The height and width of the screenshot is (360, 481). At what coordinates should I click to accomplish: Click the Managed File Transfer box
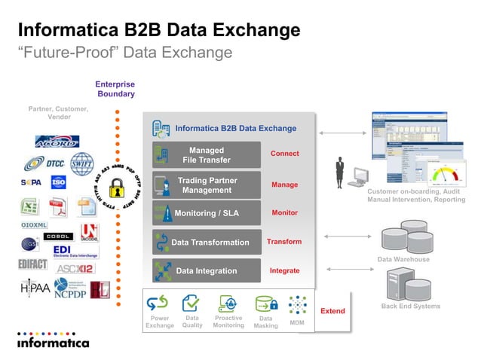click(x=207, y=155)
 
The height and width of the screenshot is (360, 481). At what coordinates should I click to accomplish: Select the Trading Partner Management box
click(x=207, y=185)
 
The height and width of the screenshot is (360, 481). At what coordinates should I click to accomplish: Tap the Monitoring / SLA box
click(x=207, y=213)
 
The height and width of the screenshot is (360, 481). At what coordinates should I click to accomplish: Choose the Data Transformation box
click(x=207, y=243)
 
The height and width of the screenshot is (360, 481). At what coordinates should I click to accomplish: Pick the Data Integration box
click(x=207, y=271)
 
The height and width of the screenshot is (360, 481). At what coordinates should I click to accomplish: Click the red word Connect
click(x=284, y=154)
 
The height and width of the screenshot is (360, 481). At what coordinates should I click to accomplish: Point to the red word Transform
click(x=284, y=242)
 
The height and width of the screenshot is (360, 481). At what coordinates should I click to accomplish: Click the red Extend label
click(x=332, y=311)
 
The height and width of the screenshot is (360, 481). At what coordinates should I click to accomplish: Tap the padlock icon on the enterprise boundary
click(x=117, y=187)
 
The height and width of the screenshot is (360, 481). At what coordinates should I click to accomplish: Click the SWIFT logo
click(x=81, y=163)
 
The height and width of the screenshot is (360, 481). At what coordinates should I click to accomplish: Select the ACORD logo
click(x=56, y=141)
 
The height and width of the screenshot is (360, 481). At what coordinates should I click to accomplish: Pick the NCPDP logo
click(x=69, y=291)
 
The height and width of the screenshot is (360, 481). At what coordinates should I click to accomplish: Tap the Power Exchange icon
click(x=158, y=304)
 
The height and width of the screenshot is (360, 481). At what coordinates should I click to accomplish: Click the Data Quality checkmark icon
click(x=191, y=304)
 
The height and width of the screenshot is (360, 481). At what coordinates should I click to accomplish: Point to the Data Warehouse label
click(x=403, y=259)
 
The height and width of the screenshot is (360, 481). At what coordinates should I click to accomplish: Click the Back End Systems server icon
click(x=399, y=285)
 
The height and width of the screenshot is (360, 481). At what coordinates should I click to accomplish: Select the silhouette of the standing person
click(x=340, y=174)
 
